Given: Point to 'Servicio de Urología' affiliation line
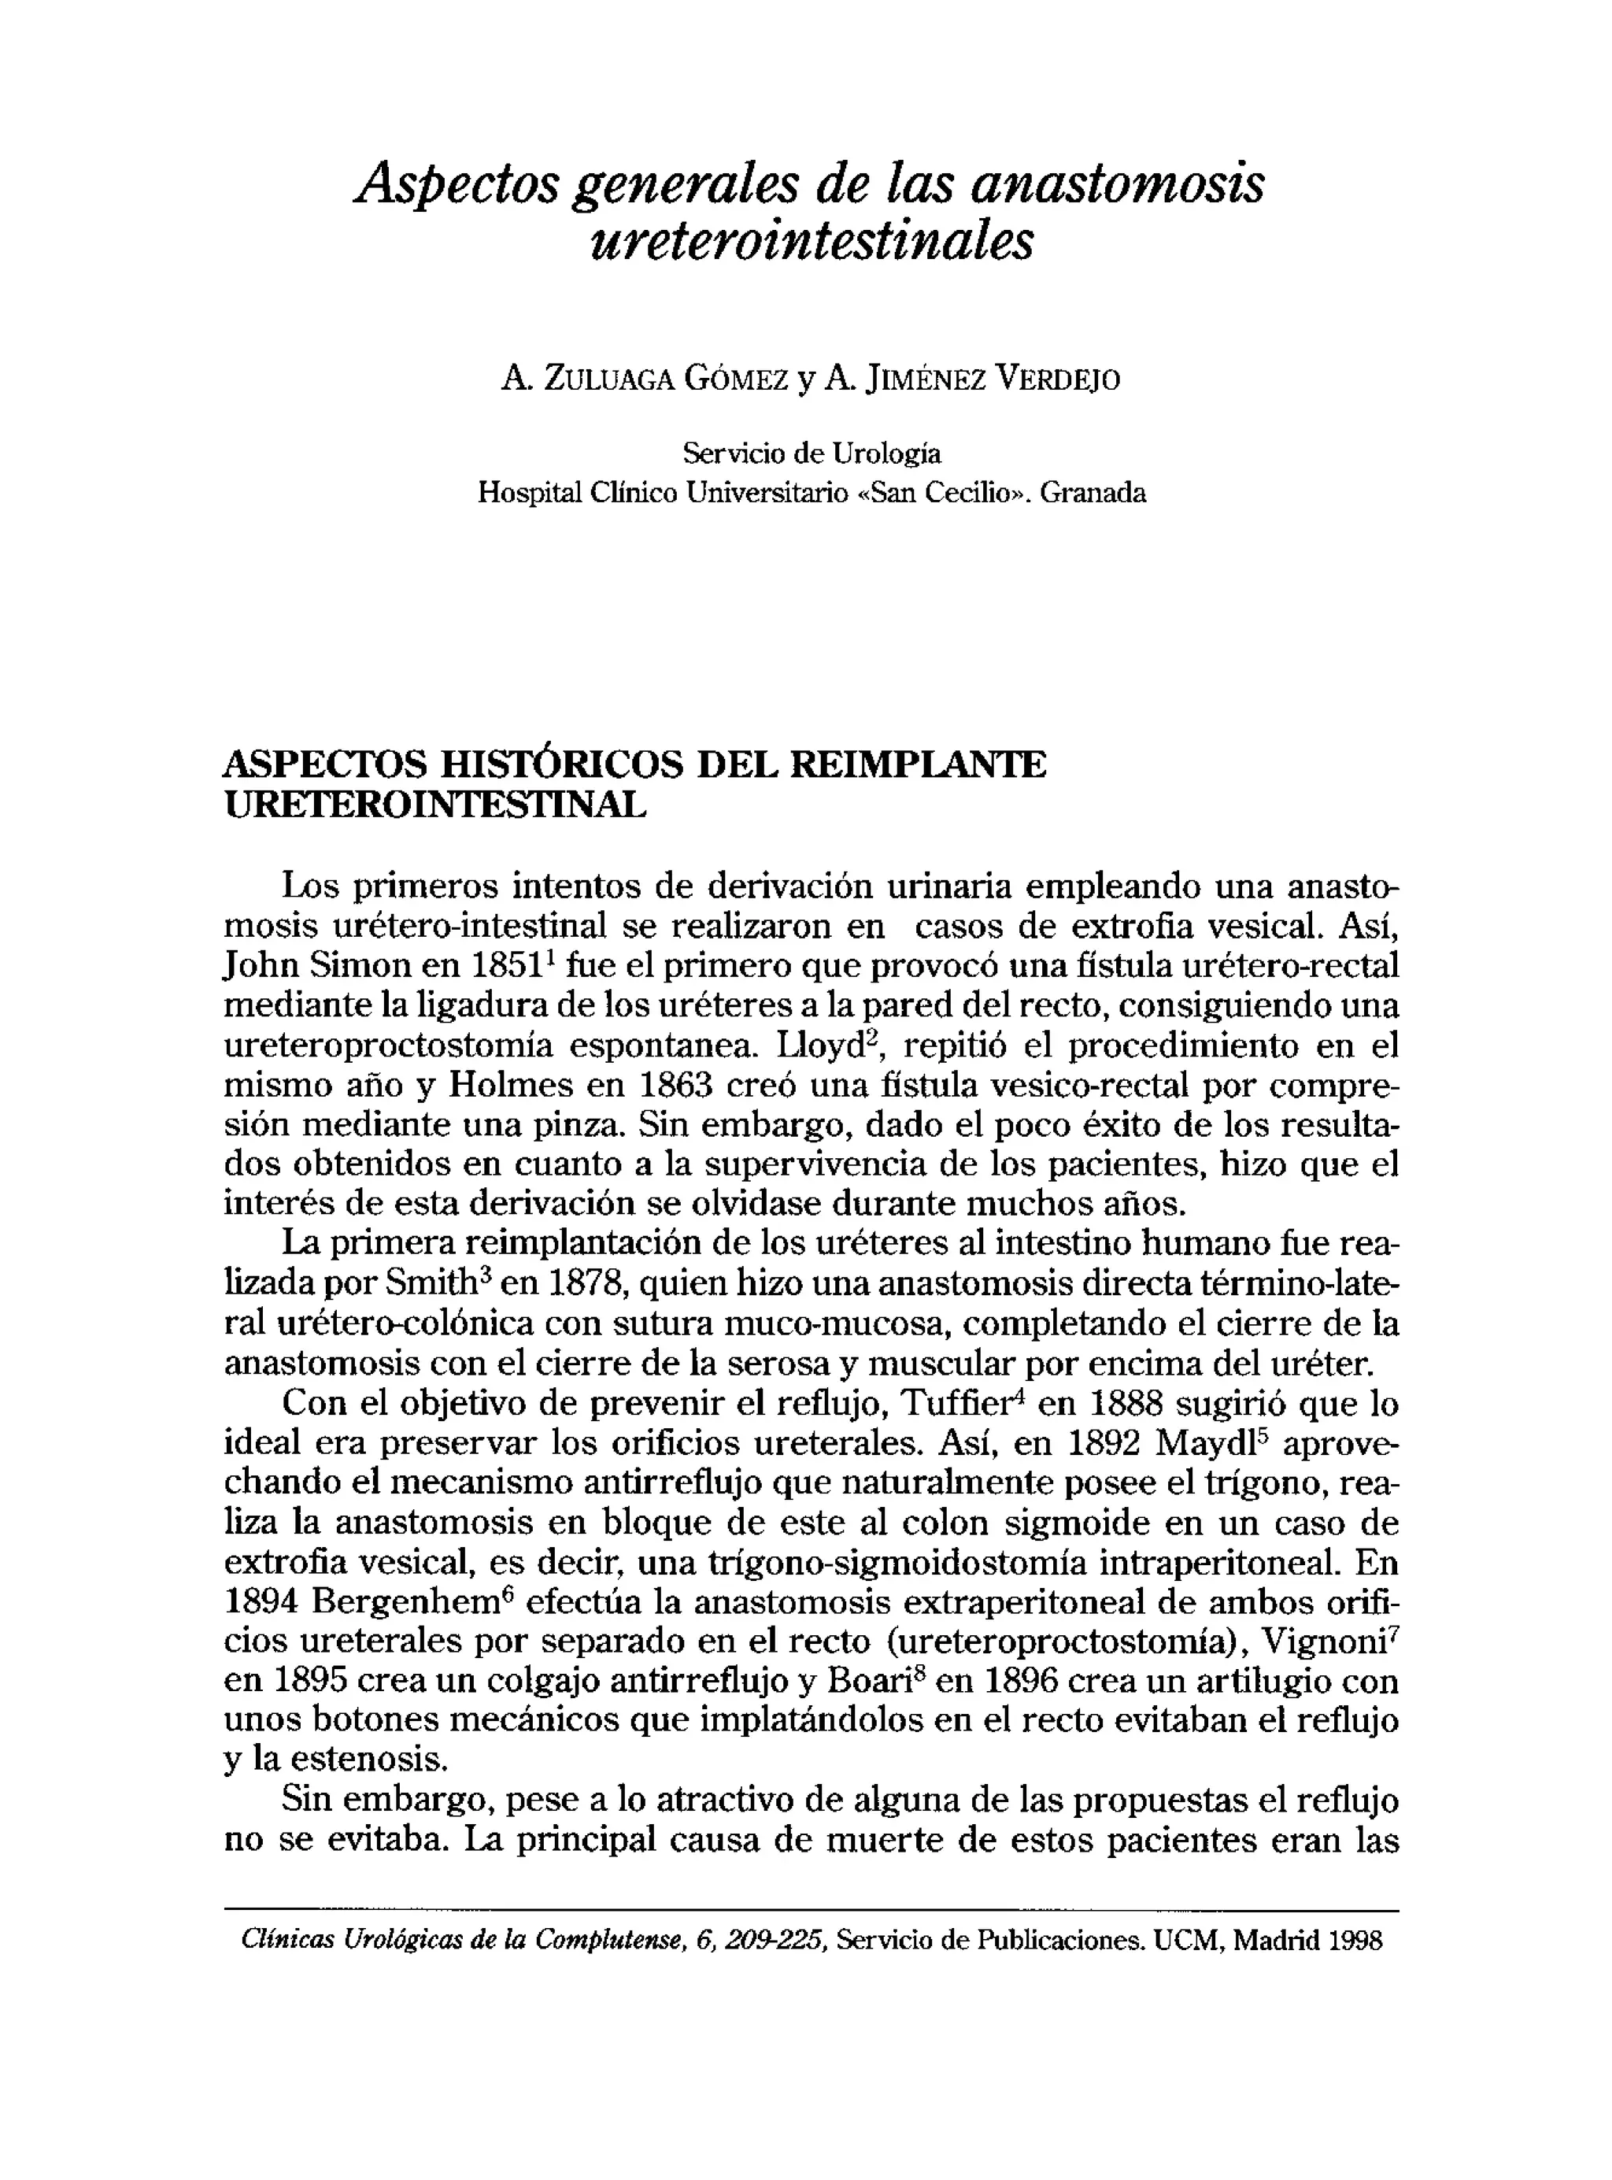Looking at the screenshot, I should click(x=811, y=453).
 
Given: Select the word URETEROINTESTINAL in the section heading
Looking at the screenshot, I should click(x=435, y=805).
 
